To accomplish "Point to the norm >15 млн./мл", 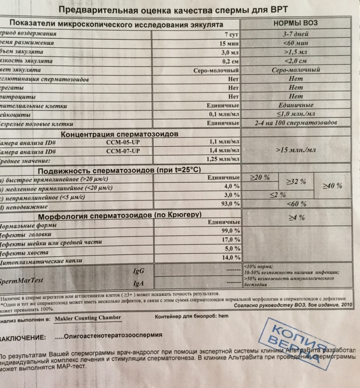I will [296, 150].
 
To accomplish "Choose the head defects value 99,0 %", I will [228, 230].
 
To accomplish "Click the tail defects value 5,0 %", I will [230, 248].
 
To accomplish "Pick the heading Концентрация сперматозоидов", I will [121, 134].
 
